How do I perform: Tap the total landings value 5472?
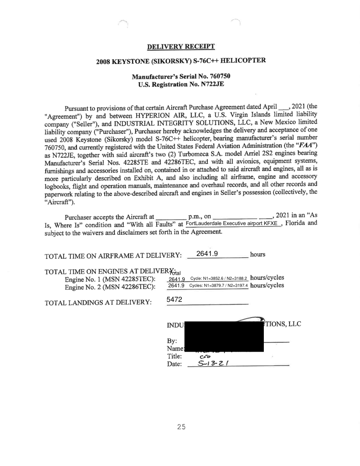click(x=176, y=300)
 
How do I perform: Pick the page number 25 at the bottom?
click(x=180, y=427)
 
